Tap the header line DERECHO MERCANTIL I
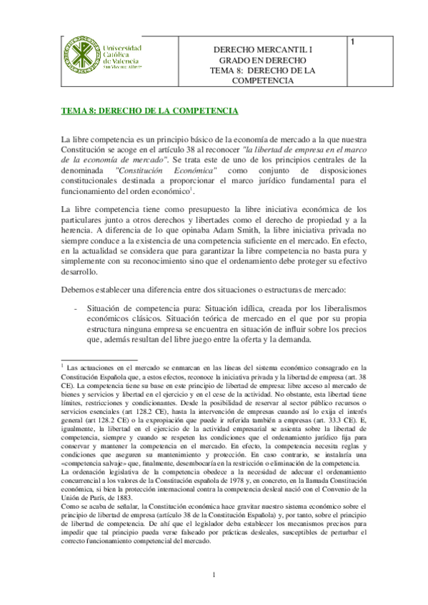click(263, 49)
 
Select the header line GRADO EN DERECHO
click(263, 60)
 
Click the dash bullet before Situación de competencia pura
click(76, 307)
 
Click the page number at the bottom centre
click(214, 576)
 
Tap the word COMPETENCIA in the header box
click(263, 81)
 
